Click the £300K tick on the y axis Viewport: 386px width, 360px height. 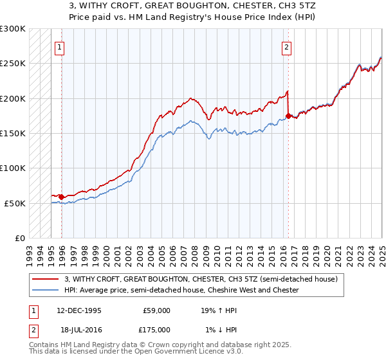pos(13,29)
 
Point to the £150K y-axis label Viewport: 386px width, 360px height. pos(13,133)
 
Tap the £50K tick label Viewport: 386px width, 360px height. pos(15,203)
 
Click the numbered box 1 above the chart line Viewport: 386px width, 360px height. pos(59,46)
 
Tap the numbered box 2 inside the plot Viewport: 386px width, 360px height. pos(286,46)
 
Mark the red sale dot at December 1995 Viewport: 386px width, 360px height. pos(61,197)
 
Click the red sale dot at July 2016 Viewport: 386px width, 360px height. pos(288,116)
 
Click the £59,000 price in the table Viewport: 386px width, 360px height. pos(156,310)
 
